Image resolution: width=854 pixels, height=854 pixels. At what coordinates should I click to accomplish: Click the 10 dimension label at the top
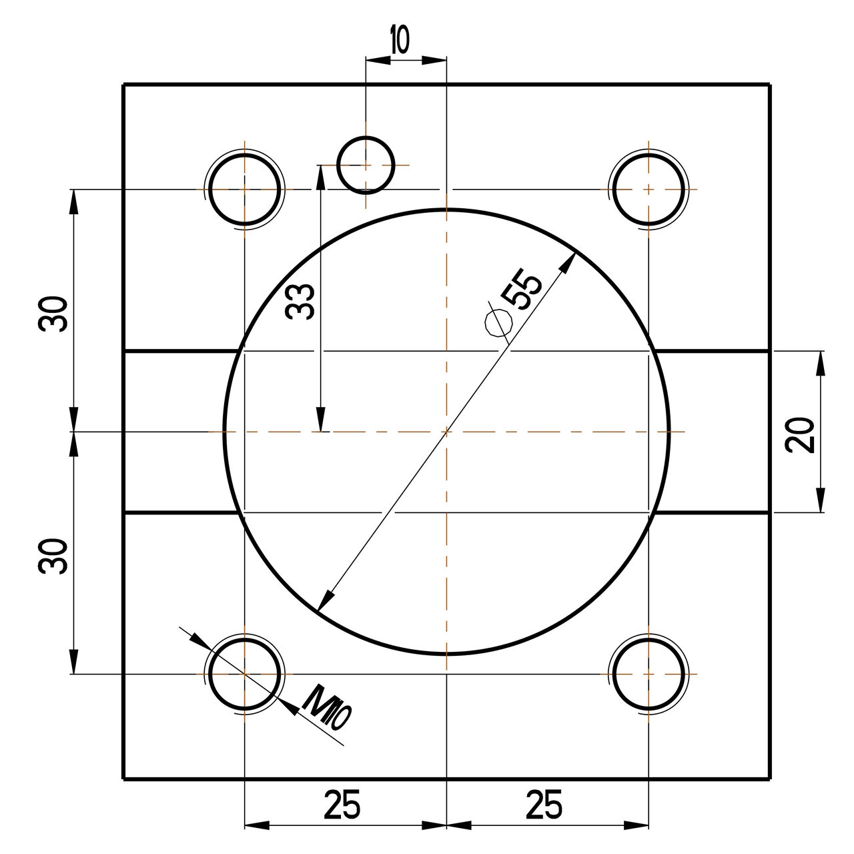[x=400, y=41]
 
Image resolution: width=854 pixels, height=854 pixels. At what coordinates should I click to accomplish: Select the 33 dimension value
[x=300, y=301]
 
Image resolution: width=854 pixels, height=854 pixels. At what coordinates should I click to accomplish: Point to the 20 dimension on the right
[x=801, y=435]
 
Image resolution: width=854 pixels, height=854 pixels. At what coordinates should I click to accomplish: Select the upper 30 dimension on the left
[x=53, y=314]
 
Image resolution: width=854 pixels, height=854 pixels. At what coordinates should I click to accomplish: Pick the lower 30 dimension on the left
[x=53, y=556]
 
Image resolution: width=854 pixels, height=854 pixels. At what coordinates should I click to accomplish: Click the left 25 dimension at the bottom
[x=342, y=805]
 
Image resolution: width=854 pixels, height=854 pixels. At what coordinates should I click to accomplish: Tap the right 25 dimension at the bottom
[x=544, y=805]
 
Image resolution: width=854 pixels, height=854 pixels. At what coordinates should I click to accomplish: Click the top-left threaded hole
[x=245, y=189]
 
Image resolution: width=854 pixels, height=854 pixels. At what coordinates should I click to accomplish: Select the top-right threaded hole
[x=649, y=189]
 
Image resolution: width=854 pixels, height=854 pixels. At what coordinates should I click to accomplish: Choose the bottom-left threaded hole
[x=245, y=674]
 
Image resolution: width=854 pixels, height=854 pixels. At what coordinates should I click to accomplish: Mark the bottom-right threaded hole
[x=649, y=674]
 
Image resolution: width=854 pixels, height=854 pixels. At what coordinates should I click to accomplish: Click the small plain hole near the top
[x=366, y=165]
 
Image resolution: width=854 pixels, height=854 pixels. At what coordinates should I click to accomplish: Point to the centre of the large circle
[x=446, y=432]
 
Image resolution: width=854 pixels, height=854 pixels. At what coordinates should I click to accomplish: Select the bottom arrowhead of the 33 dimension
[x=322, y=422]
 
